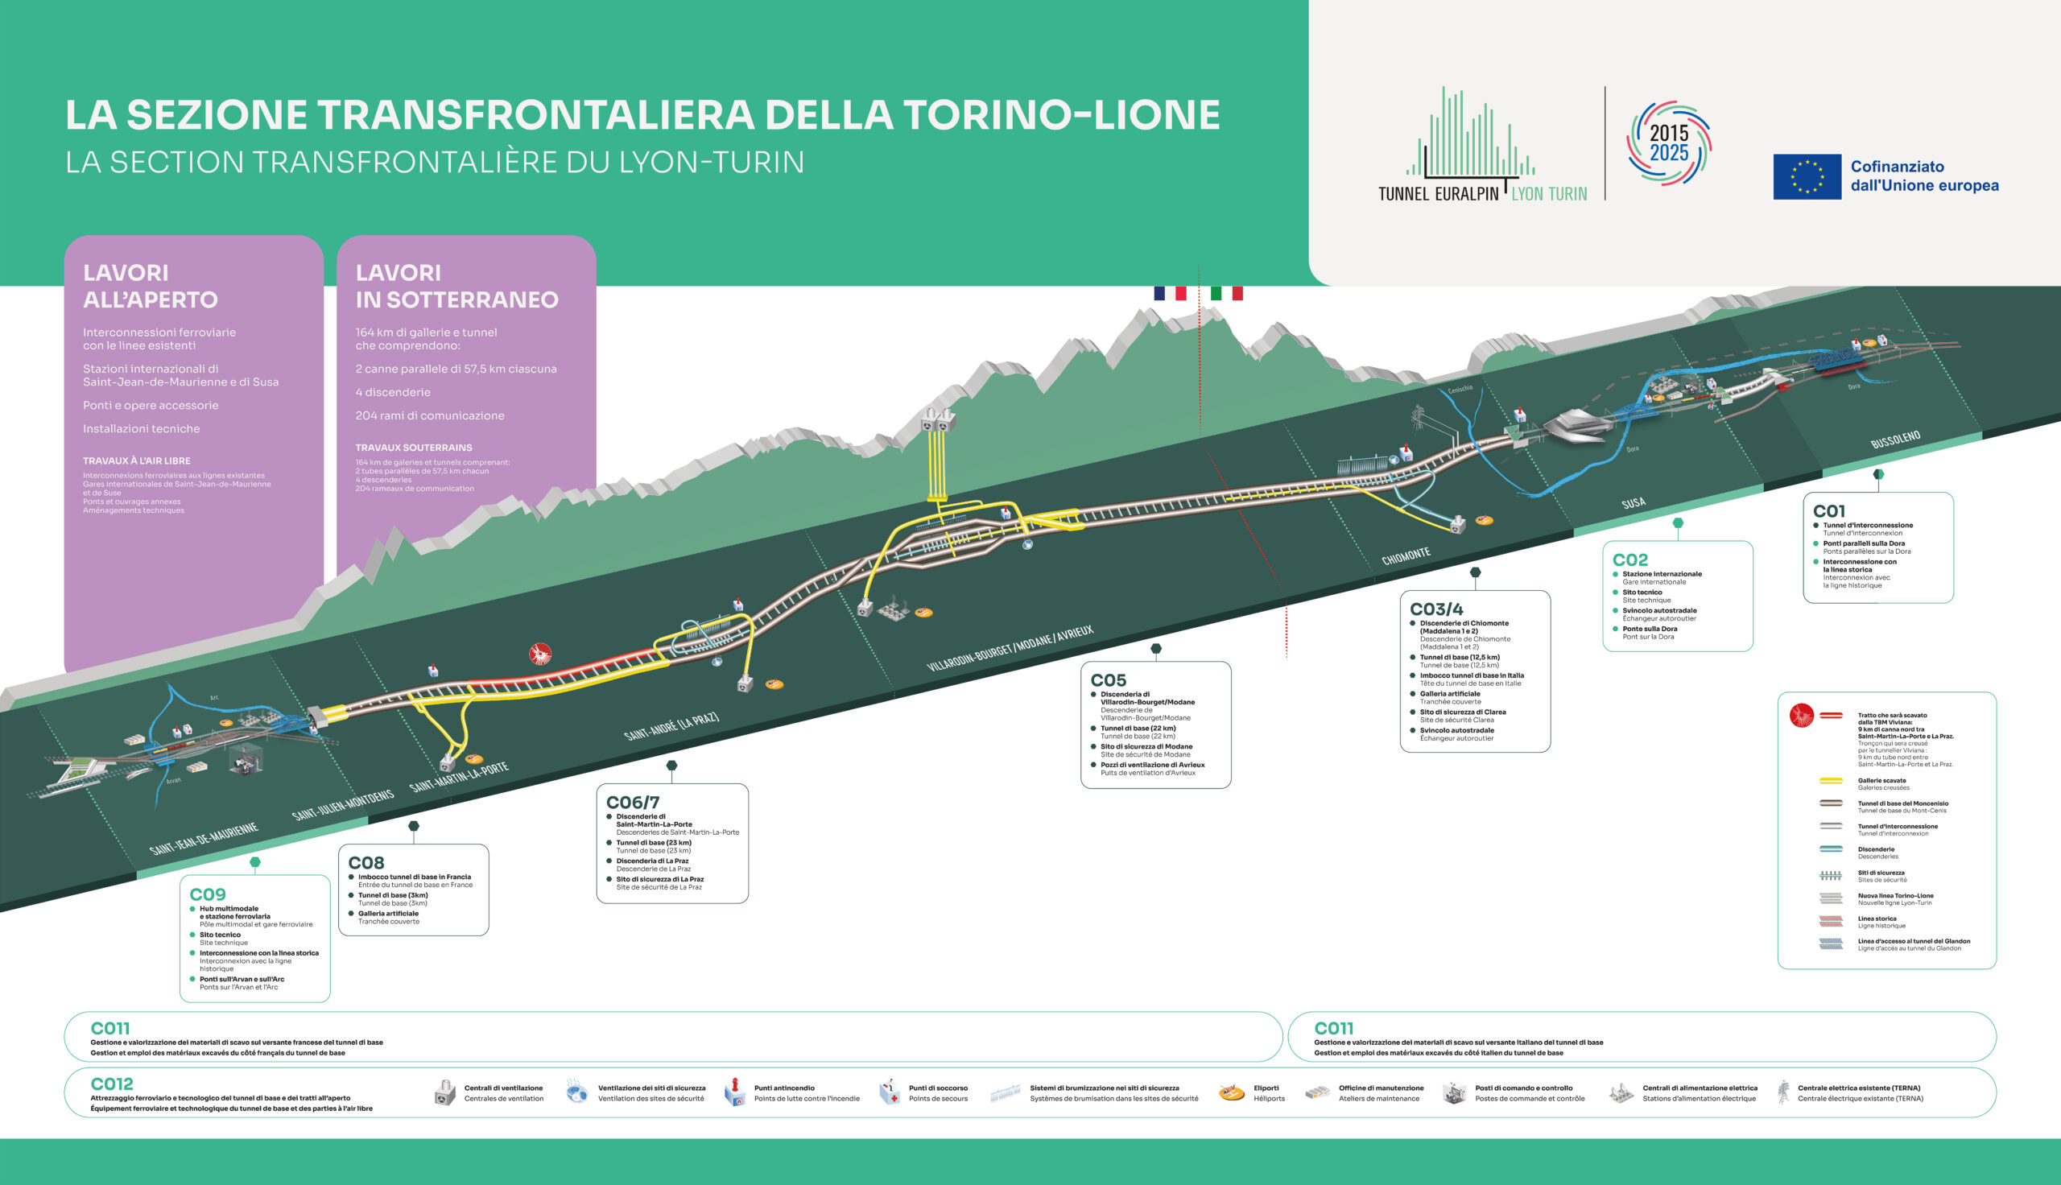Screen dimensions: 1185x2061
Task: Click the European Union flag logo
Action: [1807, 176]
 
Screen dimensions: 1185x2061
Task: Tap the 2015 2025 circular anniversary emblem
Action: [1668, 143]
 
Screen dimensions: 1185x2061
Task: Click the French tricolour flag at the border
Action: [1169, 293]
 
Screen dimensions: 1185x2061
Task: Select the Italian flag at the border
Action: [1226, 293]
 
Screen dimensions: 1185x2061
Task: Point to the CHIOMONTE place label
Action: [1405, 556]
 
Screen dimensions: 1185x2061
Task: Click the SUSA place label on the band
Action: [1633, 503]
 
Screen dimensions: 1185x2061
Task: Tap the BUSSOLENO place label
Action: [1895, 440]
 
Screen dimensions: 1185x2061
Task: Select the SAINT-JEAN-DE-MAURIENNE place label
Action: [204, 838]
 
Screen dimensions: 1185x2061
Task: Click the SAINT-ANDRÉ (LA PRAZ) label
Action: [671, 726]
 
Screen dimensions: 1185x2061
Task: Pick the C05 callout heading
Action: [1109, 680]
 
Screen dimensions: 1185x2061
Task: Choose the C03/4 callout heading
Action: [1436, 609]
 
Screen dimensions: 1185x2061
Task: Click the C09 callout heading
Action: [208, 894]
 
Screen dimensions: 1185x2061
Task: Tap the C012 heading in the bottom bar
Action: [111, 1084]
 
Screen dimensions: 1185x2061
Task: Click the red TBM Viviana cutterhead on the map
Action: [540, 654]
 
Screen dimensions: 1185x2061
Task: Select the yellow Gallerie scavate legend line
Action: [1831, 782]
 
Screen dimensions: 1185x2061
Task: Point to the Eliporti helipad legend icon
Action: [1231, 1093]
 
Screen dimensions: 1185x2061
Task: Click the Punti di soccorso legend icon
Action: [890, 1092]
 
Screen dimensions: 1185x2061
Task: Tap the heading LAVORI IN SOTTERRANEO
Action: [456, 286]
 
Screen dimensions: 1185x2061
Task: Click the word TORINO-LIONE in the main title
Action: [1061, 115]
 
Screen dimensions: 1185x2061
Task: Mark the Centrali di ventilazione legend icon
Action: [444, 1093]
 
